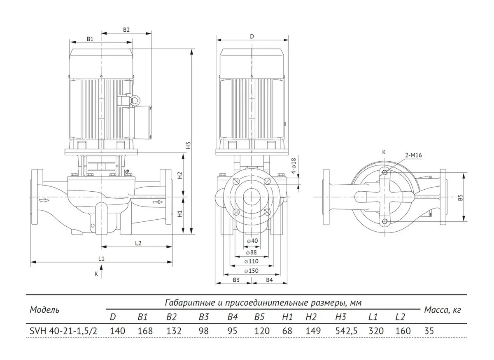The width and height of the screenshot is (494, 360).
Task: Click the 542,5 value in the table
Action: (x=346, y=331)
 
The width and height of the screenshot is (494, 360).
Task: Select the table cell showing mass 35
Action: (x=429, y=331)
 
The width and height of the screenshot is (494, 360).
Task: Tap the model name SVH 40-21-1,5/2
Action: (x=63, y=331)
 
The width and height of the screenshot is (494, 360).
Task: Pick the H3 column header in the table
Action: (x=341, y=317)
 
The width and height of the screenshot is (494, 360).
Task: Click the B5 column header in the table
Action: (x=259, y=317)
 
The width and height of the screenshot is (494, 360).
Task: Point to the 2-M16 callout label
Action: (x=413, y=155)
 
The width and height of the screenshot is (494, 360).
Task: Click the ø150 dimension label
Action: (x=252, y=271)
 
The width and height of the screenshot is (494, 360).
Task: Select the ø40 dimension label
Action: (x=252, y=241)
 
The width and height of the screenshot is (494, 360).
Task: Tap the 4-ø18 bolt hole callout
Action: (x=294, y=166)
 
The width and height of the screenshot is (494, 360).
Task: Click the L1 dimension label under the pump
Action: (x=101, y=258)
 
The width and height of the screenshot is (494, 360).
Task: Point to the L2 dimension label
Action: (x=138, y=243)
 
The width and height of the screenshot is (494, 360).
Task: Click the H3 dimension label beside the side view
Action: (x=188, y=145)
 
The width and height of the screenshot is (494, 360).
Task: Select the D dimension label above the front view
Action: (x=252, y=36)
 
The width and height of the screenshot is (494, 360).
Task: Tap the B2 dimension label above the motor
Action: (x=126, y=30)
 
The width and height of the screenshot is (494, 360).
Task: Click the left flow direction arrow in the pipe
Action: (x=44, y=200)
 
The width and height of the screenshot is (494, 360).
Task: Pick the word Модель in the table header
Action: (x=44, y=310)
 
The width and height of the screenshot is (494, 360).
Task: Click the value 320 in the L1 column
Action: (x=376, y=331)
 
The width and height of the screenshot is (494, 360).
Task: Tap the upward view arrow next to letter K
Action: (x=101, y=272)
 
